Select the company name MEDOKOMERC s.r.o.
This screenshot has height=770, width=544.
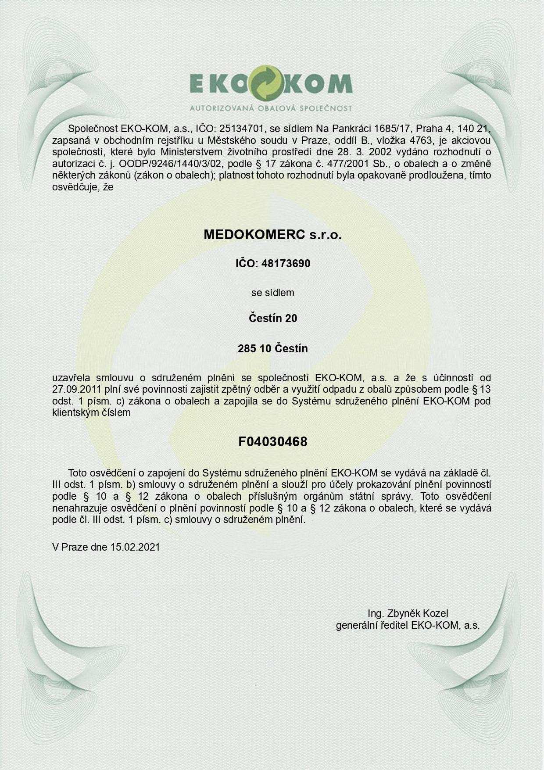pos(272,235)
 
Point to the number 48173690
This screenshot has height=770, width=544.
pos(286,264)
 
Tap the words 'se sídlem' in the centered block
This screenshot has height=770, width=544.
pos(272,293)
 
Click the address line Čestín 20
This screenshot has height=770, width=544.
pos(272,318)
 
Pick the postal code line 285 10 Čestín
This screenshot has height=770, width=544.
pos(272,349)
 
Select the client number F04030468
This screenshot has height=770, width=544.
pos(272,442)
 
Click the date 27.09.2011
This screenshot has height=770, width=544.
pos(77,389)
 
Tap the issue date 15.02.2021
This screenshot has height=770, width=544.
pos(135,547)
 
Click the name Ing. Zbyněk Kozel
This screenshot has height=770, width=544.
pos(408,613)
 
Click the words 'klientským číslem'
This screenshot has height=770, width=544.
pos(91,412)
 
